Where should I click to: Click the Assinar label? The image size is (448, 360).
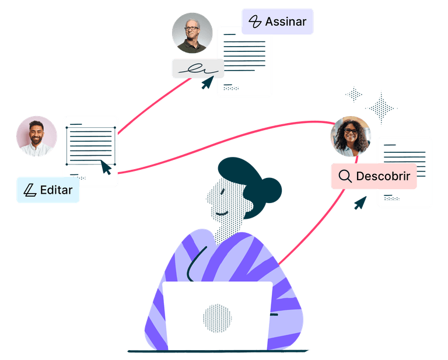278,22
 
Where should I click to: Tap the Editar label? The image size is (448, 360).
48,190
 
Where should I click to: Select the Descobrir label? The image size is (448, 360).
374,176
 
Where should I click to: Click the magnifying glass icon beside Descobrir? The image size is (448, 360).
345,176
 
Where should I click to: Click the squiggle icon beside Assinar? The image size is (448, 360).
255,22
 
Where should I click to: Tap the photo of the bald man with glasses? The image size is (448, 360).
192,33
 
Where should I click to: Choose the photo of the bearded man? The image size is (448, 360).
36,137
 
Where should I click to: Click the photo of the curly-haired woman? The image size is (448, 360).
350,137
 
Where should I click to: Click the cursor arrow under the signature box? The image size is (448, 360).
206,83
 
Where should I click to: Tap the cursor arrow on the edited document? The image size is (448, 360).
106,167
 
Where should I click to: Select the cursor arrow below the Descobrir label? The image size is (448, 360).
360,202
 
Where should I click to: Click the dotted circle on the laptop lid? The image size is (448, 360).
217,319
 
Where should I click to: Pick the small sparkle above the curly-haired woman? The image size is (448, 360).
353,94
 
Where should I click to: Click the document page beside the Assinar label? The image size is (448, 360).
245,61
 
